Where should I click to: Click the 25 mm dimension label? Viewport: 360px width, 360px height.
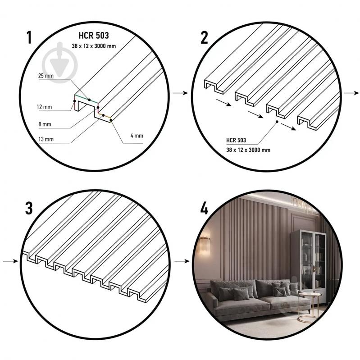(46, 76)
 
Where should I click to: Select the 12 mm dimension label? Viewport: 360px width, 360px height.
(44, 107)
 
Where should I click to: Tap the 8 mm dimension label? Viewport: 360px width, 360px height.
(45, 124)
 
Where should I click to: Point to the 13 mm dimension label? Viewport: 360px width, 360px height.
(46, 139)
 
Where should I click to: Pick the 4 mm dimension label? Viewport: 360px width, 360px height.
(137, 136)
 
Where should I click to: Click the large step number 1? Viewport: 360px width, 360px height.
(29, 37)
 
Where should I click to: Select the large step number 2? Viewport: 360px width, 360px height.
(204, 38)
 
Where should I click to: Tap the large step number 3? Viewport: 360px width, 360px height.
(29, 208)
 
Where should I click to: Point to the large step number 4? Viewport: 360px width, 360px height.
(205, 209)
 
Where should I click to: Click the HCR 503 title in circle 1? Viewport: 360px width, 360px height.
(94, 35)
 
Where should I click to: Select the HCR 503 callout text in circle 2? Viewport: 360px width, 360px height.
(236, 140)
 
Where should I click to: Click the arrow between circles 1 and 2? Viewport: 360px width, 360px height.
(180, 93)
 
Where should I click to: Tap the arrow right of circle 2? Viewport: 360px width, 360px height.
(351, 93)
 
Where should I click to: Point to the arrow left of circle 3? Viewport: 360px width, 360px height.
(10, 261)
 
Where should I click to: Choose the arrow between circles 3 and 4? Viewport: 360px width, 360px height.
(182, 261)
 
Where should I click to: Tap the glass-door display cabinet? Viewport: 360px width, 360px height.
(309, 266)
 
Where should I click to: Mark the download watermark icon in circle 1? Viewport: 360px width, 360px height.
(59, 63)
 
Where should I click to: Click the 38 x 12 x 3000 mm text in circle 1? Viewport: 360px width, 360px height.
(94, 46)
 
